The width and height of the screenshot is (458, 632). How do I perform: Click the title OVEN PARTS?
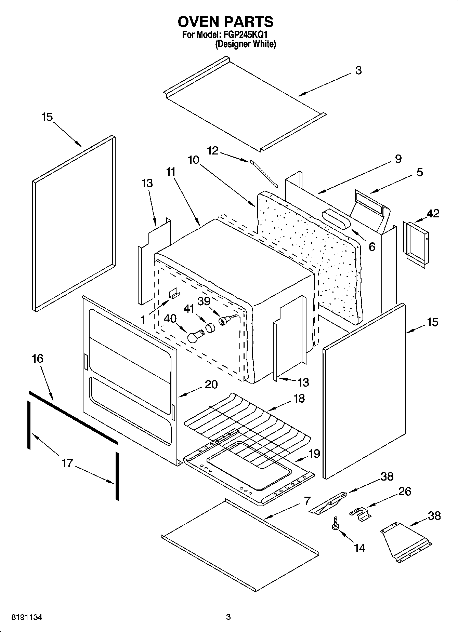point(225,22)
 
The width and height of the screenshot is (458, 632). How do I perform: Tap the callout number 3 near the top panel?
point(358,70)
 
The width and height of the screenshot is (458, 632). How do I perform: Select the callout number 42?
point(433,214)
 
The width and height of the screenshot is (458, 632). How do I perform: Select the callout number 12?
point(213,150)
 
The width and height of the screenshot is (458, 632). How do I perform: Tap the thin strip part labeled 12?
point(264,174)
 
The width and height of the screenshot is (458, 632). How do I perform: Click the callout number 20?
point(211,385)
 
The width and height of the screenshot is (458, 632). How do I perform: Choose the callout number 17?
point(67,463)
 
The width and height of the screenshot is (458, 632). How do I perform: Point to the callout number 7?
point(307,501)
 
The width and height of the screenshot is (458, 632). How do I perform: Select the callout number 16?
point(38,359)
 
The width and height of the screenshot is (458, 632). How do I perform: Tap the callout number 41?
point(189,309)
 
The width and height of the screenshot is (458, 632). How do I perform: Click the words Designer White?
point(246,44)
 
